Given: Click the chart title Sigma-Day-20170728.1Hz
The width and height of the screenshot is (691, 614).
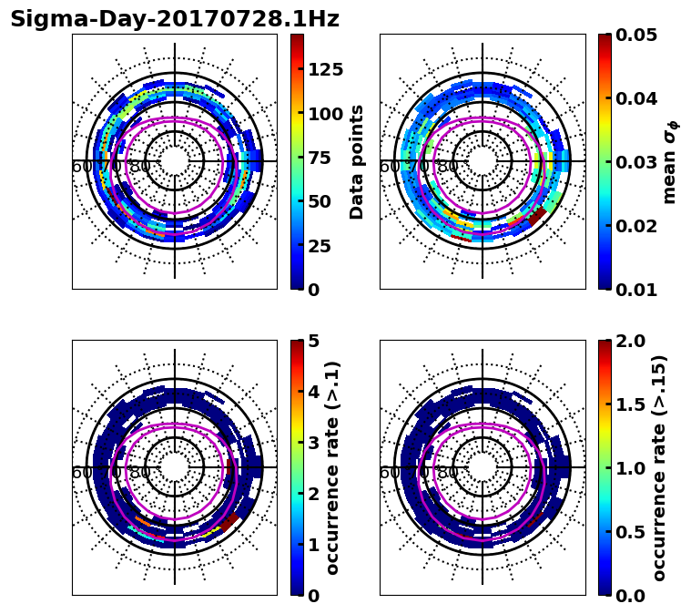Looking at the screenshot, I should pos(174,19).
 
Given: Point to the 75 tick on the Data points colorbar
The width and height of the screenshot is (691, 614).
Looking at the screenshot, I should pos(320,158).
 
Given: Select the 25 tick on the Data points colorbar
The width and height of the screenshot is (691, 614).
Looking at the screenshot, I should pos(320,246).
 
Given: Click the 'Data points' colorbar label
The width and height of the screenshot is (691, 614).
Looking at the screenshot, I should pos(357,161).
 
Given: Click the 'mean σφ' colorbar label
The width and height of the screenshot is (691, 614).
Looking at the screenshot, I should pos(669,161).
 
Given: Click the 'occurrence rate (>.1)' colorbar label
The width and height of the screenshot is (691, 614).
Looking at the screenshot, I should pos(333,467).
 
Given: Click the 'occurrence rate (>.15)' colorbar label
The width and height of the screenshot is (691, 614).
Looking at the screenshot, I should pos(659,467).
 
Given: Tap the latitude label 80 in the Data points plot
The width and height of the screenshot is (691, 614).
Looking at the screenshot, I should pos(140,167).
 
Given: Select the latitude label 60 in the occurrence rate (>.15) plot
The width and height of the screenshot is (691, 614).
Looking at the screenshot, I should pos(389,473).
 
